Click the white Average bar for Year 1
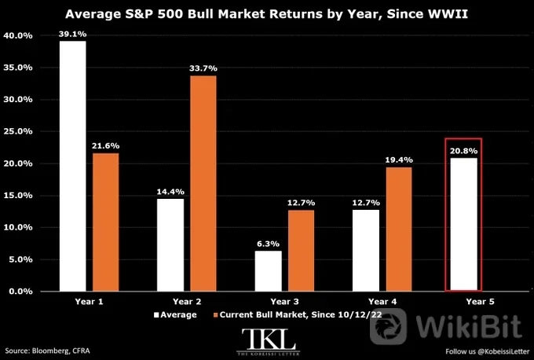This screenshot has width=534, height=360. coord(72,166)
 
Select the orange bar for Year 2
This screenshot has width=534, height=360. coord(203,183)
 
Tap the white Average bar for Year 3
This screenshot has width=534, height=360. coord(269,271)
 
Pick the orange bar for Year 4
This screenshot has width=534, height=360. coord(399,229)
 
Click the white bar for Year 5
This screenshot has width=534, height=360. coord(463,224)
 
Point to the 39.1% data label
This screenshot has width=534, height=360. coord(72,34)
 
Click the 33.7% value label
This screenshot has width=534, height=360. coord(203,68)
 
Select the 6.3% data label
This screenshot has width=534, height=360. coord(269,244)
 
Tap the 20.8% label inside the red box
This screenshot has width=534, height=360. coord(463,151)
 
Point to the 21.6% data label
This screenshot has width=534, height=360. coord(105,146)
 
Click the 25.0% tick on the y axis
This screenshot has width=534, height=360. coord(18,131)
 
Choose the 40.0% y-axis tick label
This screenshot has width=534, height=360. coord(18,35)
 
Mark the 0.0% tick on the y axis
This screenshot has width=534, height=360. coord(20,292)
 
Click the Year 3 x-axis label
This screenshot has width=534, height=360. coord(285,301)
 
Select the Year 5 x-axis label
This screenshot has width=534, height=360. coord(480,301)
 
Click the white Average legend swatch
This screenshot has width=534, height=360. coord(156,315)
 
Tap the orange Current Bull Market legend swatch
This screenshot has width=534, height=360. coord(215,315)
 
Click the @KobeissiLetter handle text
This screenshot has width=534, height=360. coord(503,351)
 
